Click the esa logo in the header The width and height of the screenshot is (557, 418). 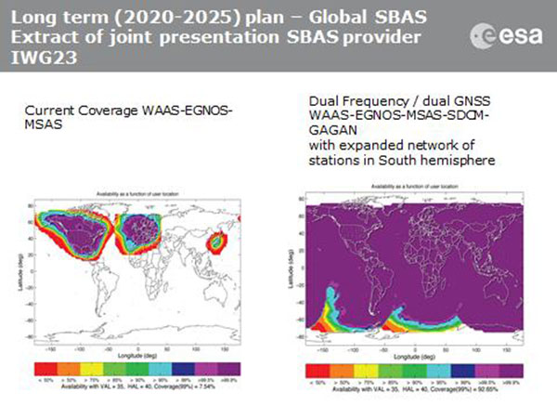(x=507, y=34)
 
